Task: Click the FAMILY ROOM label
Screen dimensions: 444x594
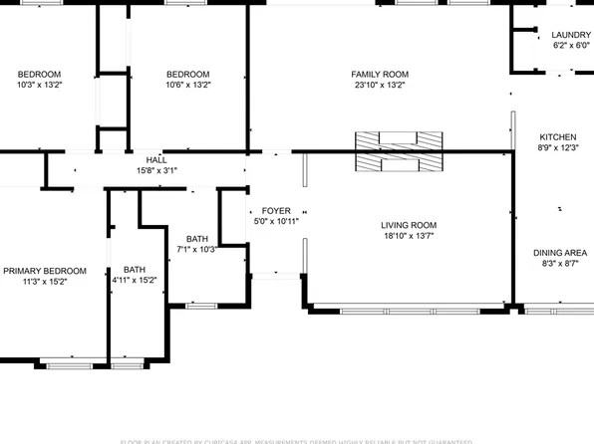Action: [x=379, y=75]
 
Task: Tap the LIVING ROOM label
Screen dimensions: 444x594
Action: [x=410, y=225]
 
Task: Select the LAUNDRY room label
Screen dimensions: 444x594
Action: [x=571, y=35]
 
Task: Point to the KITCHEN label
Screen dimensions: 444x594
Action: [x=557, y=137]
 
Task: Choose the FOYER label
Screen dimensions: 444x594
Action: [x=276, y=211]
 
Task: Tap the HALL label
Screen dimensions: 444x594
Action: [x=156, y=160]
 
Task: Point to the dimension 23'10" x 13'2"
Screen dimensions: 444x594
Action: [x=379, y=86]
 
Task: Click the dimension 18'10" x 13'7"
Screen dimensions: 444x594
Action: [x=410, y=236]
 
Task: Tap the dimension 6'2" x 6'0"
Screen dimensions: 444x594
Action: [x=571, y=46]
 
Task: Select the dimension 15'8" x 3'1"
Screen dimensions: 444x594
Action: [x=156, y=171]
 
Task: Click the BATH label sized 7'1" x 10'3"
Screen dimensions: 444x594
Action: [x=196, y=238]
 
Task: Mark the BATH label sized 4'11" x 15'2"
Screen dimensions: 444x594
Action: [x=134, y=270]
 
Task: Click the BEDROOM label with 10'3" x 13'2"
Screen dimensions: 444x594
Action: [x=40, y=75]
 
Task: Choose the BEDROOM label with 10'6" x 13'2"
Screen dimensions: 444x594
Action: [x=187, y=75]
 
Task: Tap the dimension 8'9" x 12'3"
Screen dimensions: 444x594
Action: [x=557, y=148]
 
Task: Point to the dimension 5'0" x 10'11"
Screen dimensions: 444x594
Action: [x=276, y=222]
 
